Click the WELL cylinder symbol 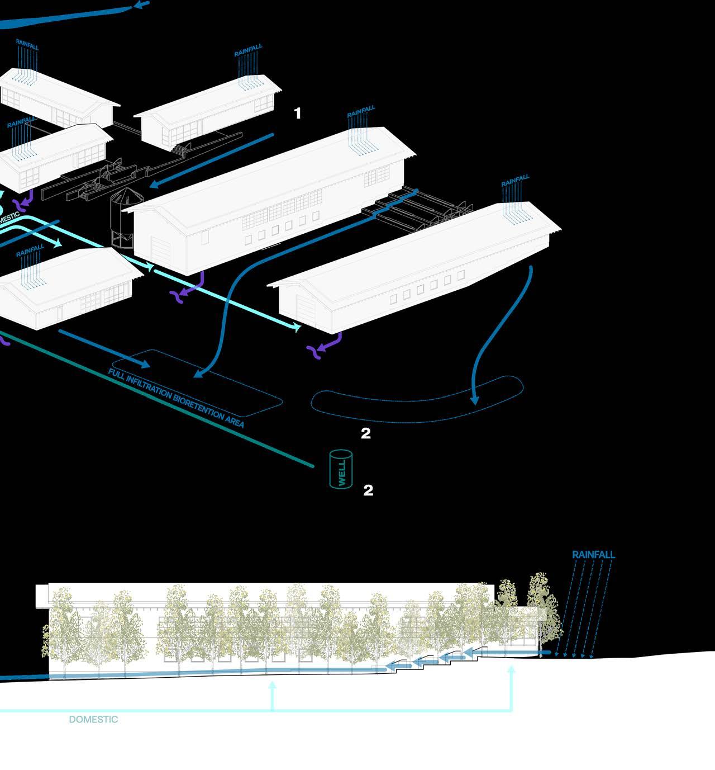341,470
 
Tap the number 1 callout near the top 298,114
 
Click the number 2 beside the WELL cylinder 368,490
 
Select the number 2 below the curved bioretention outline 366,433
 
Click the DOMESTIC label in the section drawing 93,720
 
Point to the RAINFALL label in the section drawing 593,555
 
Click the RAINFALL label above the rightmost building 515,181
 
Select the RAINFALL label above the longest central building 361,112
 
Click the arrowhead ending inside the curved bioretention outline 475,400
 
